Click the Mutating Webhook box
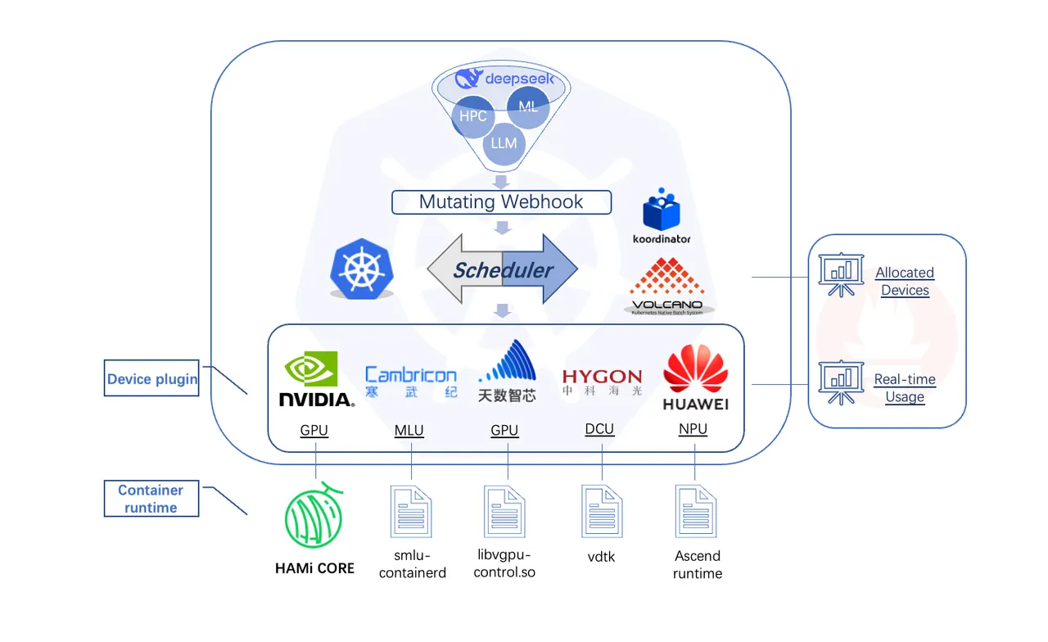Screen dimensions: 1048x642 point(501,202)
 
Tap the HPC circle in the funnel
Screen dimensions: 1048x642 point(472,116)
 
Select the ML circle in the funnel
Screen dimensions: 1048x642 point(528,107)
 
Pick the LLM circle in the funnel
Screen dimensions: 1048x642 point(504,143)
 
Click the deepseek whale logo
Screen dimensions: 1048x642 point(468,78)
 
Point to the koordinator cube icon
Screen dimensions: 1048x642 point(661,210)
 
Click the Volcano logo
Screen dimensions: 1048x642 point(667,286)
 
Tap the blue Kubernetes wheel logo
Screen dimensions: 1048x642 point(361,269)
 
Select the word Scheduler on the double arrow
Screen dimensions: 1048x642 point(503,270)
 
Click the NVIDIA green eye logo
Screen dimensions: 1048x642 point(311,368)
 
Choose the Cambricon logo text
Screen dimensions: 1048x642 point(411,375)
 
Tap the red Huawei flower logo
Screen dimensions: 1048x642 point(695,368)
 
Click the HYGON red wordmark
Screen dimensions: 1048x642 point(602,376)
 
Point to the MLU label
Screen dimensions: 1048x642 point(409,430)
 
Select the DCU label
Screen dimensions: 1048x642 point(599,429)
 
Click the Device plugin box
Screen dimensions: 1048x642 point(151,378)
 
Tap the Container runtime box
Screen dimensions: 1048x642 point(151,499)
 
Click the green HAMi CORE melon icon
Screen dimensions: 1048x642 point(314,516)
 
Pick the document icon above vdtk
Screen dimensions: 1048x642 point(602,511)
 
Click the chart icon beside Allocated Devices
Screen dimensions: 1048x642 point(841,274)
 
